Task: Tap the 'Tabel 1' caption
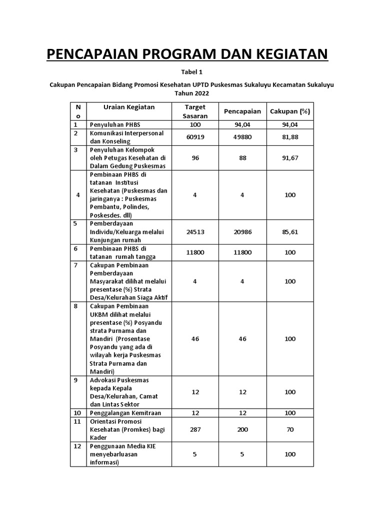pos(192,72)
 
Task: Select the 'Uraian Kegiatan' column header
pos(129,107)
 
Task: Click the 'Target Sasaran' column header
pos(195,111)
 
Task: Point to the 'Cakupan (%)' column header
pos(290,111)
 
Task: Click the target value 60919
pos(195,137)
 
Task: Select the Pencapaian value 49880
pos(242,137)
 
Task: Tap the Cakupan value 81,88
pos(290,137)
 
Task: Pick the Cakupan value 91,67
pos(290,158)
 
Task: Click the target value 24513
pos(195,232)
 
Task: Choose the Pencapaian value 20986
pos(242,232)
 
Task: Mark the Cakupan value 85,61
pos(290,232)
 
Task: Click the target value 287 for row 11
pos(195,430)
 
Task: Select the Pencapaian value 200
pos(242,430)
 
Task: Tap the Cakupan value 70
pos(290,430)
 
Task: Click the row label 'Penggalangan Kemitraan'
pos(122,413)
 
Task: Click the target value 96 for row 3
pos(195,158)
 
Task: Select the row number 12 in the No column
pos(77,446)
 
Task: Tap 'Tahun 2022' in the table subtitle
pos(192,93)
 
